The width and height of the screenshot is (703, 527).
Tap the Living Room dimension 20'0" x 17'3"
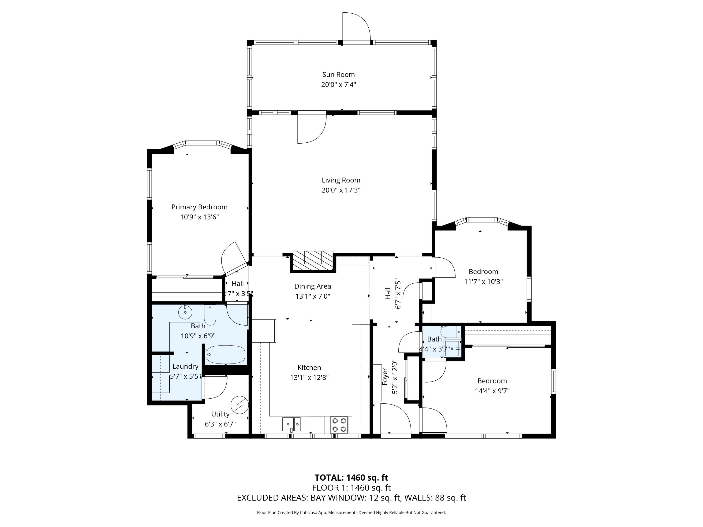341,190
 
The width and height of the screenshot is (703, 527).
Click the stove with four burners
339,425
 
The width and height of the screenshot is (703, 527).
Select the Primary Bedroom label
199,207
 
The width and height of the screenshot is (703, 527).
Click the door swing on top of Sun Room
356,27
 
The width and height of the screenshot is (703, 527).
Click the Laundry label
185,366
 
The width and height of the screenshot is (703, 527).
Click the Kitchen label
309,367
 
